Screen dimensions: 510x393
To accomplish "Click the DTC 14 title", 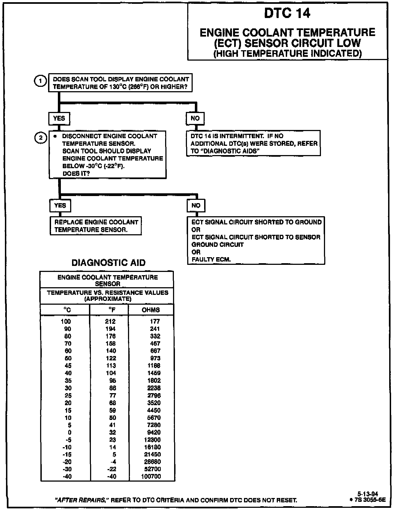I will click(x=287, y=13).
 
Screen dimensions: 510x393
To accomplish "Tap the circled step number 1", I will click(x=40, y=81).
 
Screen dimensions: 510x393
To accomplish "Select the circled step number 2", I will click(x=40, y=138).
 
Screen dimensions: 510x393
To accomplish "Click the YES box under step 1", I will click(x=59, y=118).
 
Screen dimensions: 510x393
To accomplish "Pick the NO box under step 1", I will click(x=195, y=118).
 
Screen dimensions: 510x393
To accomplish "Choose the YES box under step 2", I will click(x=60, y=206).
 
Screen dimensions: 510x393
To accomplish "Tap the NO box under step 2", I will click(x=196, y=206).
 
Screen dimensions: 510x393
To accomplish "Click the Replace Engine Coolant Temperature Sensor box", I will click(x=96, y=226).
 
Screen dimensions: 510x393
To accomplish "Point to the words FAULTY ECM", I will click(x=211, y=259).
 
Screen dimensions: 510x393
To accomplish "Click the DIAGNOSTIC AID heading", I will click(x=108, y=263).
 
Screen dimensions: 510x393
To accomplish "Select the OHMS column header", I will click(x=151, y=310).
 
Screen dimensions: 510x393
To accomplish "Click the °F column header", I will click(x=111, y=310).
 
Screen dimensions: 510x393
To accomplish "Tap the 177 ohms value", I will click(x=155, y=321).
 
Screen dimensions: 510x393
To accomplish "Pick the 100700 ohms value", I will click(x=151, y=476).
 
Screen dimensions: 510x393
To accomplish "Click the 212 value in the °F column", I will click(x=110, y=321).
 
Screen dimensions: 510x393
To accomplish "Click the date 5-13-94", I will click(x=368, y=494).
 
